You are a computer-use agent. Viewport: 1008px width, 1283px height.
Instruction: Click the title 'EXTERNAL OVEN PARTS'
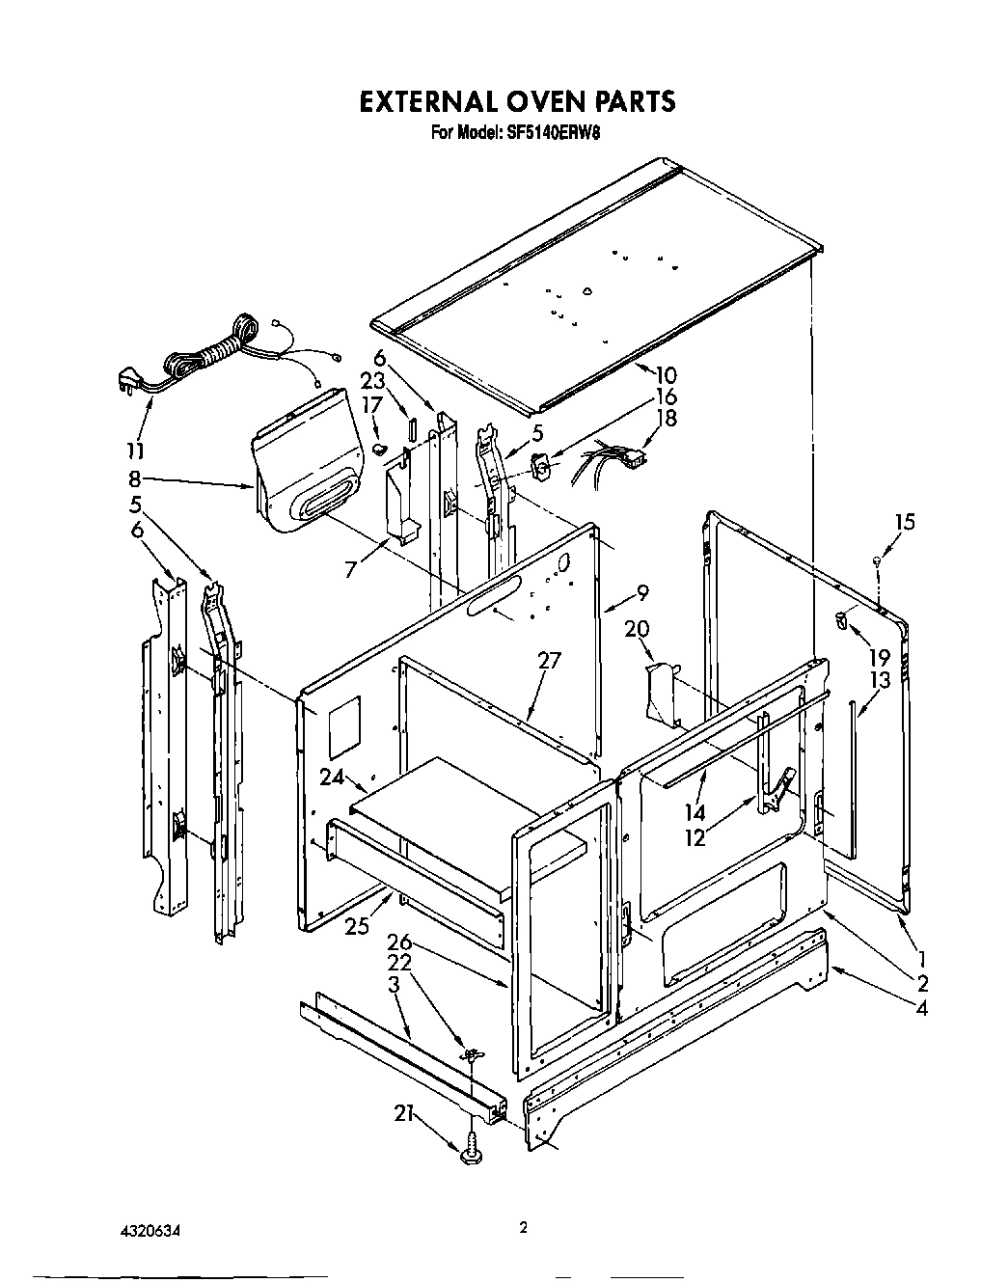[x=516, y=101]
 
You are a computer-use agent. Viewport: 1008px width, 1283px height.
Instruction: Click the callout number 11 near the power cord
[x=136, y=450]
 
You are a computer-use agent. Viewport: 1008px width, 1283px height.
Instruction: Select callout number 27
[x=549, y=661]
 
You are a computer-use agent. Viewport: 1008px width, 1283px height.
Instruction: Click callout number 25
[x=357, y=927]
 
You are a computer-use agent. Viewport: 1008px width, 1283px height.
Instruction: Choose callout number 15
[x=904, y=522]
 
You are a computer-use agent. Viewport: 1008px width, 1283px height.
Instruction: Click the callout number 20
[x=636, y=628]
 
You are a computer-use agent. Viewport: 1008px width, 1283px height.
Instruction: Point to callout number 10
[x=666, y=375]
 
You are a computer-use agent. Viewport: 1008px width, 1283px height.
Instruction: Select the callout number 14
[x=695, y=813]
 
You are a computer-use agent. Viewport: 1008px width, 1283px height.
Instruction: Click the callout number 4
[x=922, y=1009]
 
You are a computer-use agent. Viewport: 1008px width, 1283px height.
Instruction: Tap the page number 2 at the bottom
[x=523, y=1228]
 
